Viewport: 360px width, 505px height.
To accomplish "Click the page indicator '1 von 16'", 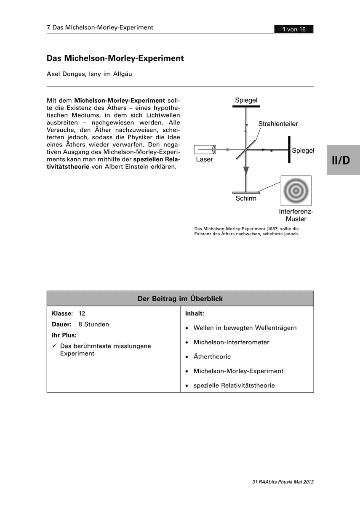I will (293, 29).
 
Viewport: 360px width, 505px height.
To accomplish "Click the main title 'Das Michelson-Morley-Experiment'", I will (115, 58).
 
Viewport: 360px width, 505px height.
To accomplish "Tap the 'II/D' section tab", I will (343, 160).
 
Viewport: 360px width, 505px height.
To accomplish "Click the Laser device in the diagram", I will (205, 149).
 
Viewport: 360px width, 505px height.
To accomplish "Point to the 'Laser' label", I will (204, 159).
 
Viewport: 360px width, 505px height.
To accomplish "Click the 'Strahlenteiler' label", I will (278, 124).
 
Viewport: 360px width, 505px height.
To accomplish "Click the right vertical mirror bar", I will (289, 149).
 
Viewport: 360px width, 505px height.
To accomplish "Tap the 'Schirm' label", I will (246, 198).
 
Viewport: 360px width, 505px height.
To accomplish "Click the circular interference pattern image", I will (296, 191).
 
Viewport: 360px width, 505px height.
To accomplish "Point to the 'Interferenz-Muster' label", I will (296, 215).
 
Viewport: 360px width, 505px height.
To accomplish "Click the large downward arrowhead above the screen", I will (246, 170).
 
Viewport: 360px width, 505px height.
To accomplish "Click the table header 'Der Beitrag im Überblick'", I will (180, 298).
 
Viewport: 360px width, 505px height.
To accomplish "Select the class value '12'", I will (82, 314).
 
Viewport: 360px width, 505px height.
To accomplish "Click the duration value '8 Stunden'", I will (93, 324).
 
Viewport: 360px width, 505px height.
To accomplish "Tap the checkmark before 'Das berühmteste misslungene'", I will (54, 346).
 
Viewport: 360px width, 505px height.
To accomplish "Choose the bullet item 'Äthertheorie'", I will (212, 356).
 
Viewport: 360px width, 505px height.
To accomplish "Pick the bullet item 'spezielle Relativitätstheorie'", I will (234, 385).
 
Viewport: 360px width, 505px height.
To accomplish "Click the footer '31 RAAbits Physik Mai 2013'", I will (283, 482).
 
